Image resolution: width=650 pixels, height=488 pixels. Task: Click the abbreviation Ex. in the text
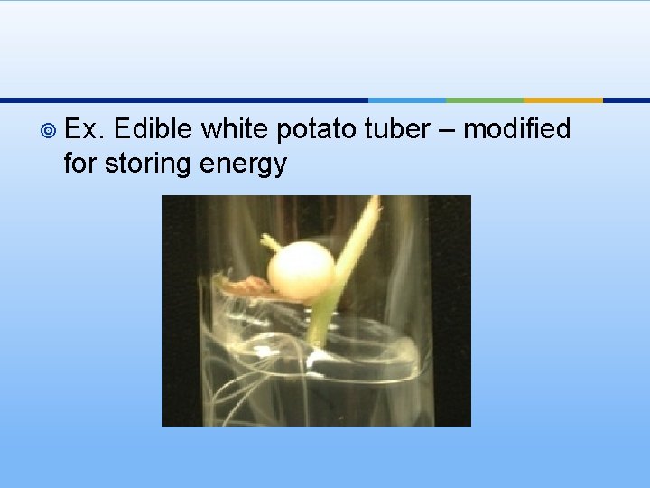(86, 130)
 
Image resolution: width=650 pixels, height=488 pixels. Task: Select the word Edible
(153, 130)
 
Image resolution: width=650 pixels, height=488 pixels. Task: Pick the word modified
(517, 130)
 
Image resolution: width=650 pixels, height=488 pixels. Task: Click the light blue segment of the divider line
(406, 99)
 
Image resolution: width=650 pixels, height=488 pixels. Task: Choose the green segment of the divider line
(484, 99)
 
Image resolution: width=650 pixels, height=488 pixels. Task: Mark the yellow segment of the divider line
(562, 99)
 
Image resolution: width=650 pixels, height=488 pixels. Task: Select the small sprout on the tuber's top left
(270, 243)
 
